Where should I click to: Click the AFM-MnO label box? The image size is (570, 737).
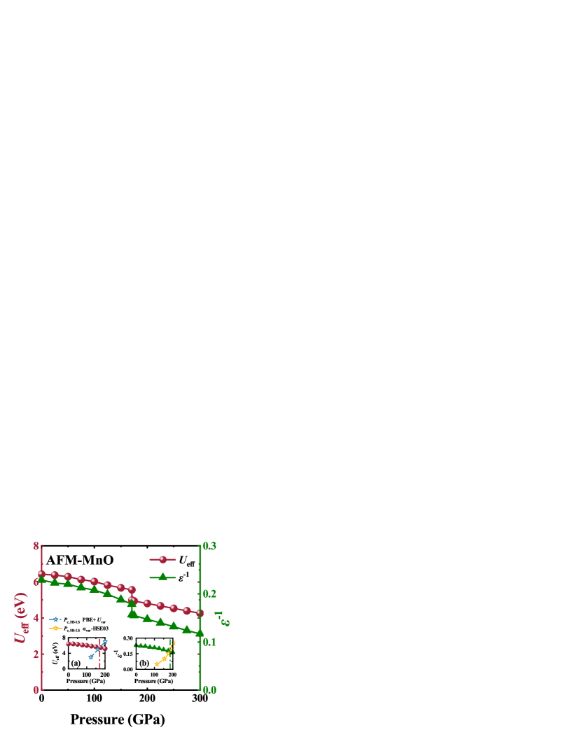(x=80, y=560)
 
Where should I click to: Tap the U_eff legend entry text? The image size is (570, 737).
(x=185, y=560)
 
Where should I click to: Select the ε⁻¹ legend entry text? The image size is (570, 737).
(x=181, y=577)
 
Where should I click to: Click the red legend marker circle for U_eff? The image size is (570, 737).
(x=162, y=559)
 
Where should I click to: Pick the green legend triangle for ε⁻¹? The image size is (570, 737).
(x=162, y=577)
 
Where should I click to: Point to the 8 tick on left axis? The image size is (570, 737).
(x=36, y=545)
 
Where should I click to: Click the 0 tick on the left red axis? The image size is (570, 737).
(x=36, y=690)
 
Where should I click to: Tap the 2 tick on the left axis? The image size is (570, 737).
(x=36, y=654)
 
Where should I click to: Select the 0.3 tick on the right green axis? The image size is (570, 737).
(x=209, y=545)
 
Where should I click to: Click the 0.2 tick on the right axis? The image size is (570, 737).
(x=209, y=594)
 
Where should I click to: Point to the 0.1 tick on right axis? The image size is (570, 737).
(x=209, y=642)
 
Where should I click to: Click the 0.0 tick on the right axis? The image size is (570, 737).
(x=209, y=690)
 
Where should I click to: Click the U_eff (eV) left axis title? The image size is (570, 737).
(x=20, y=617)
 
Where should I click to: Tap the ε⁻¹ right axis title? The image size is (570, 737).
(x=223, y=618)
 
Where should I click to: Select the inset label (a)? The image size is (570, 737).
(x=76, y=662)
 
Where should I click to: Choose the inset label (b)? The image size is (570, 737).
(x=144, y=662)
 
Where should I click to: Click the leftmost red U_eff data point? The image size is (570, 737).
(x=41, y=573)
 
